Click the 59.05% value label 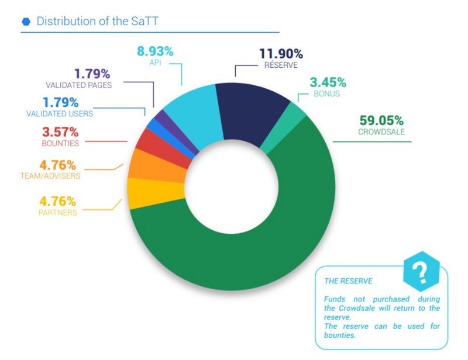click(381, 121)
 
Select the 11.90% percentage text click(281, 54)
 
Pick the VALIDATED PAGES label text click(86, 85)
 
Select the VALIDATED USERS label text click(60, 114)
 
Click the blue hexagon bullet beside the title click(26, 22)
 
